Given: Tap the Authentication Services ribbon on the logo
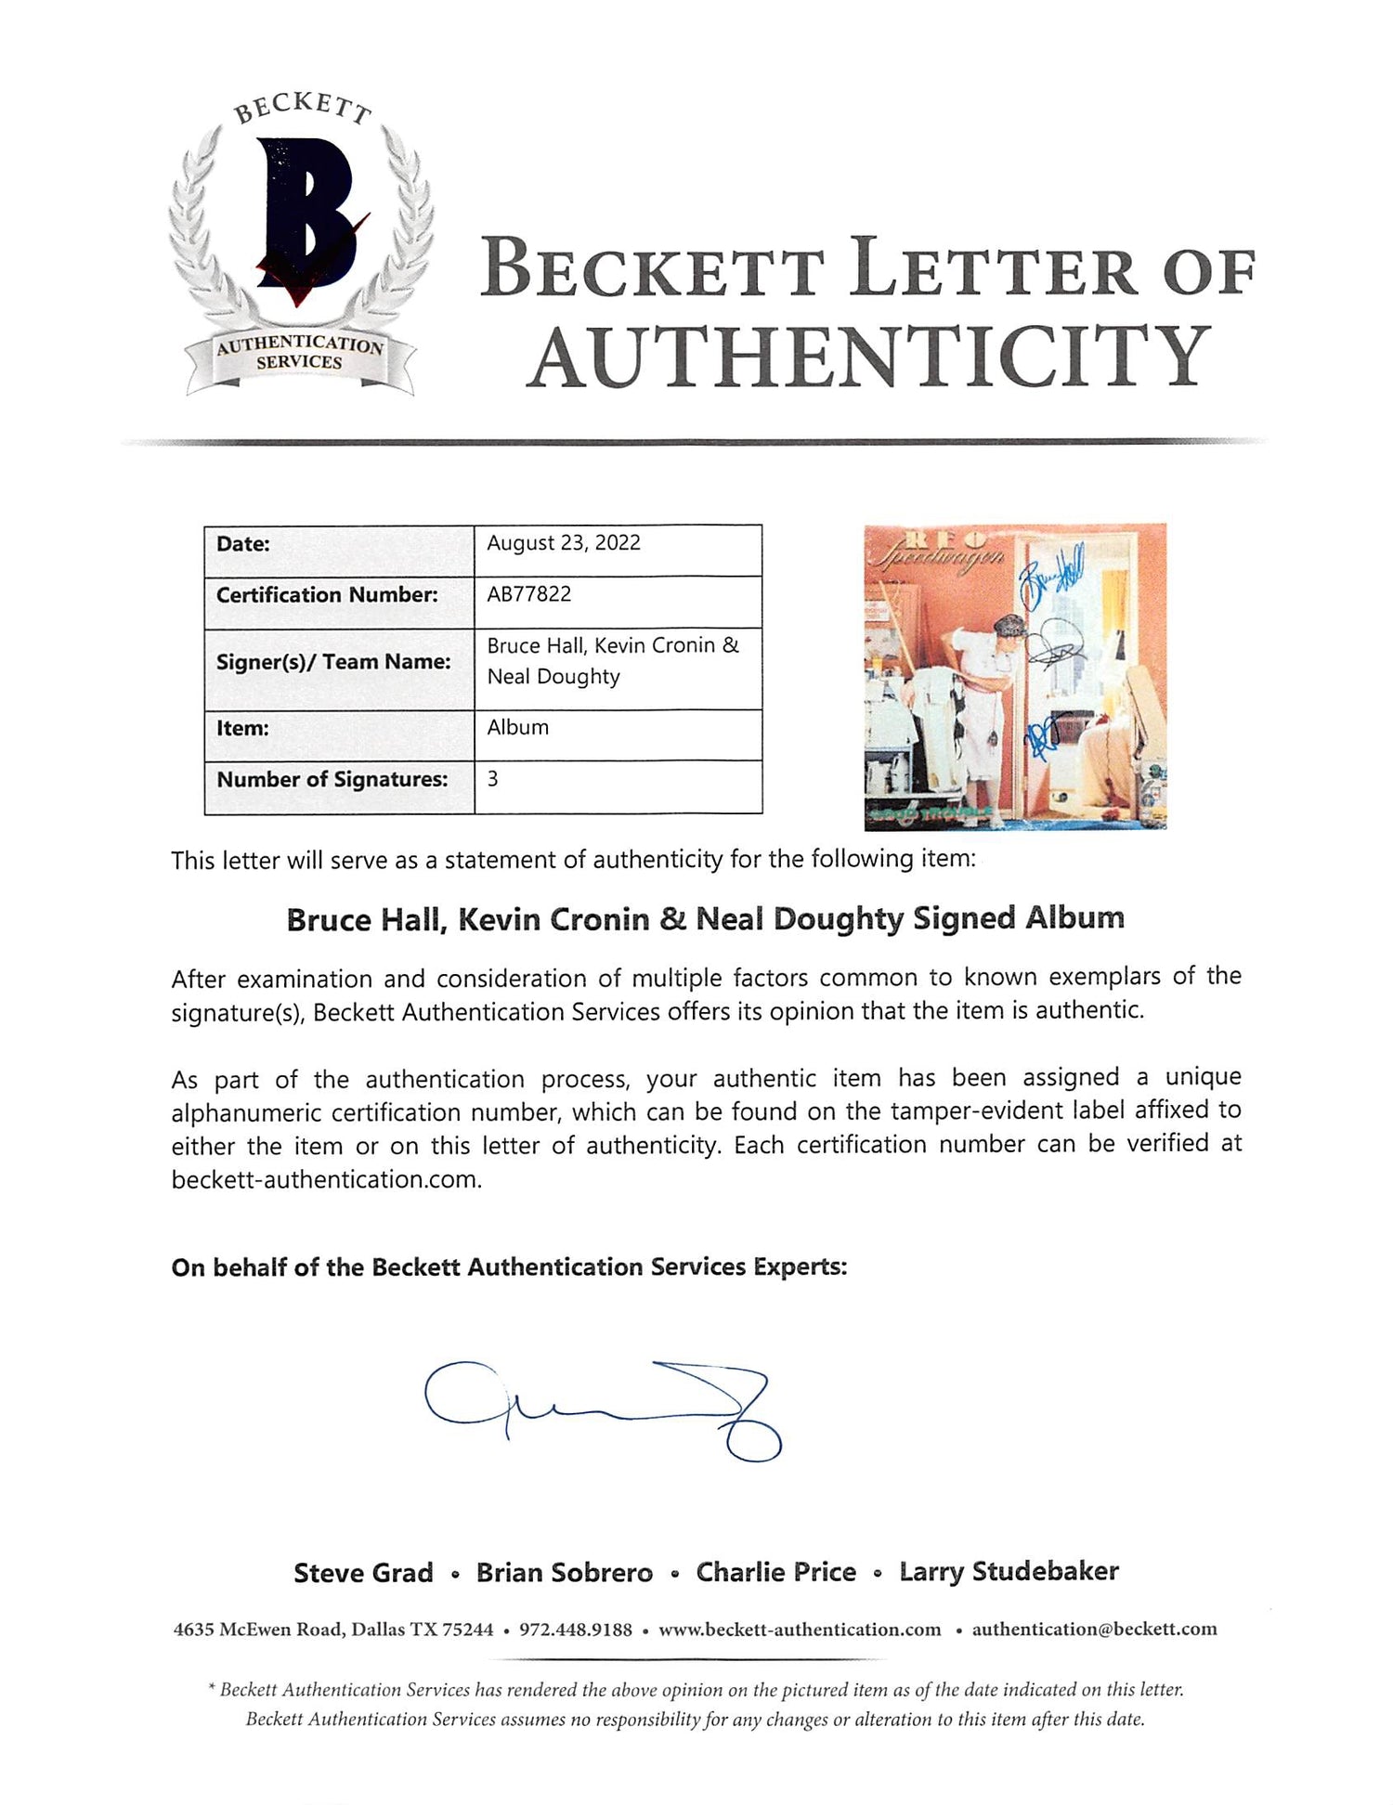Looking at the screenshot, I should point(299,354).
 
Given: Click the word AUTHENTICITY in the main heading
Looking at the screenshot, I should point(871,357).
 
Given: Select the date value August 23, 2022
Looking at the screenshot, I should point(564,543).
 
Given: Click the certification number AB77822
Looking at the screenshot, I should point(528,594).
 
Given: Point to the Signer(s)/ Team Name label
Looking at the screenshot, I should point(333,662).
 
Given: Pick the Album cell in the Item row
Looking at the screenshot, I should point(517,727).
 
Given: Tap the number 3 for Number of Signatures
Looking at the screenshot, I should point(492,779).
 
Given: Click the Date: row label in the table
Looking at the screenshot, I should point(243,544).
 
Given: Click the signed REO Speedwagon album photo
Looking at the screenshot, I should point(1015,676).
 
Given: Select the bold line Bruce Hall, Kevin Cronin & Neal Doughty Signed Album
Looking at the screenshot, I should point(705,919).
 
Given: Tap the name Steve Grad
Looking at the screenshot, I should point(363,1572).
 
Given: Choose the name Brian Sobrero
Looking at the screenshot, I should point(565,1572).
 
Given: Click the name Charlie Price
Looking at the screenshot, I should point(776,1572).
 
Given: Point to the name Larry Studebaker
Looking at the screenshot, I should point(1009,1571).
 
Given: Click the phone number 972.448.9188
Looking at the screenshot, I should point(576,1630).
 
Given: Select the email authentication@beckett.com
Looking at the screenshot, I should point(1094,1629).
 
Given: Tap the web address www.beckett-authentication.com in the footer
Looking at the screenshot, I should point(800,1630).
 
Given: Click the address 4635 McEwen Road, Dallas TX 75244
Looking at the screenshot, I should point(333,1630).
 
